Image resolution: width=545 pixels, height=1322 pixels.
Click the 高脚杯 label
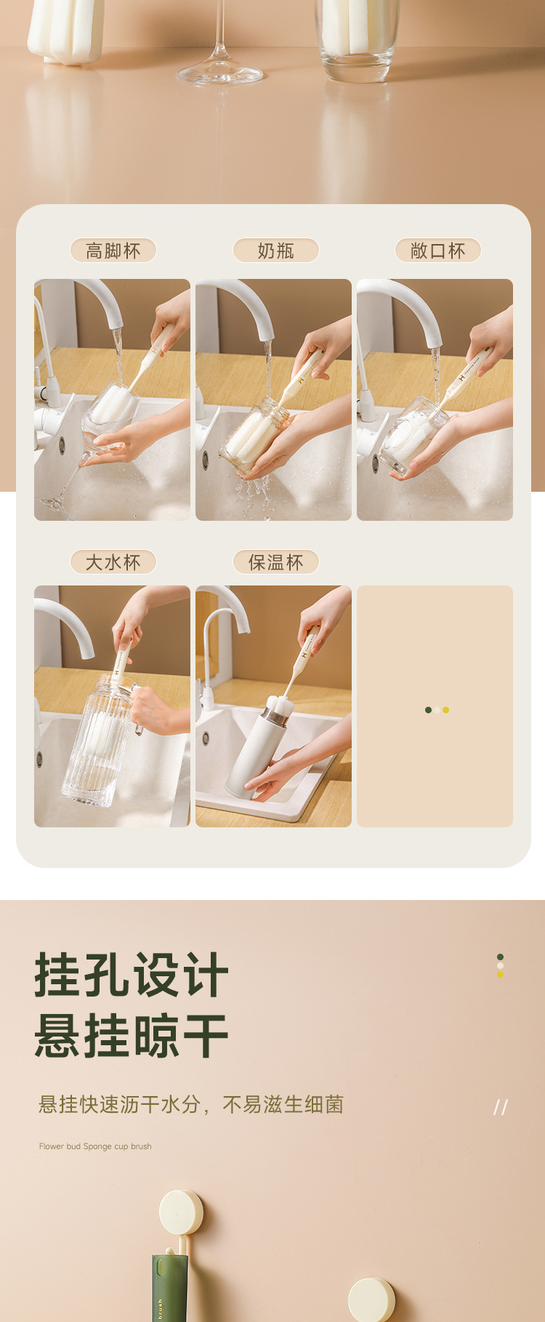tap(113, 251)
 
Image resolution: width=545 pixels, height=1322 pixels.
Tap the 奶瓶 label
tap(275, 251)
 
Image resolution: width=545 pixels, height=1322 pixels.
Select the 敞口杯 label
tap(437, 251)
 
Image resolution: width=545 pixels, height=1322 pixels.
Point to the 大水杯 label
tap(113, 562)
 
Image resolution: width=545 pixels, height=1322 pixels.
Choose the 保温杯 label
tap(275, 562)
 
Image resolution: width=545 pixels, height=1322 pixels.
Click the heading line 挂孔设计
tap(132, 975)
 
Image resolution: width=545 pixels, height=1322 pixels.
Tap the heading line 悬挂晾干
tap(132, 1036)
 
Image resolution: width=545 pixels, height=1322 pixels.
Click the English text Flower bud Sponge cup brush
tap(95, 1146)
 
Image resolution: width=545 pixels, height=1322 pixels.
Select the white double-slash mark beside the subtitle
tap(501, 1107)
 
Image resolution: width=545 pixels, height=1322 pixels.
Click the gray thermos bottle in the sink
tap(254, 752)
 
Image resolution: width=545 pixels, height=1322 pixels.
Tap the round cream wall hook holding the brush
tap(181, 1212)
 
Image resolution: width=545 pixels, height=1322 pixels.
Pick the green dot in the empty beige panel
tap(428, 710)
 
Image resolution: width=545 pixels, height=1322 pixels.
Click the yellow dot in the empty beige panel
tap(445, 710)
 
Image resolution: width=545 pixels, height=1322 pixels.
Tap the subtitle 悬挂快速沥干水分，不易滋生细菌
tap(190, 1105)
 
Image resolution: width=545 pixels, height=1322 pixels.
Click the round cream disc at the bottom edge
tap(371, 1300)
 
